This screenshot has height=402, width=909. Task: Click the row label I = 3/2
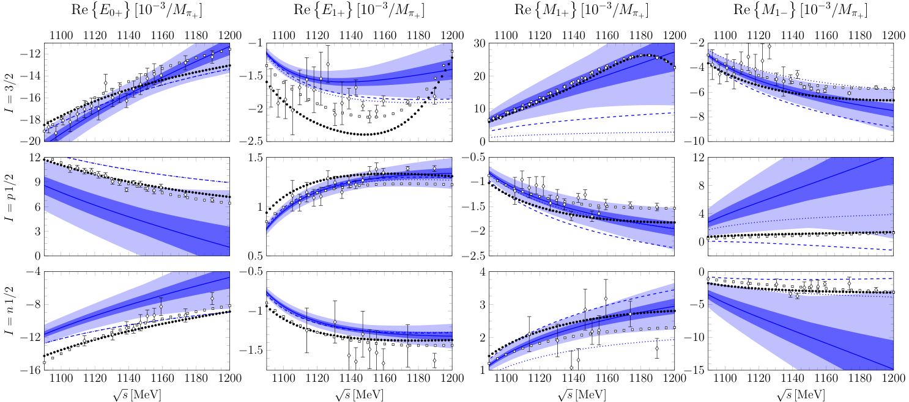coord(9,92)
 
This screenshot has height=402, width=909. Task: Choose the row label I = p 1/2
coord(9,206)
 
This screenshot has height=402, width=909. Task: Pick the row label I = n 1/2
coord(9,321)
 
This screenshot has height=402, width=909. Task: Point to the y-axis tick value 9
coord(37,182)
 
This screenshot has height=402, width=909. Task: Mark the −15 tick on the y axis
coord(696,370)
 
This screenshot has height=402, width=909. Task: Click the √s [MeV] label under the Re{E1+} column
coord(360,395)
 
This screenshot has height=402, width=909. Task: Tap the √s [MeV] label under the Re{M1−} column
coord(801,395)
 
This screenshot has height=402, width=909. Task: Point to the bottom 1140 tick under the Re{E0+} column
coord(128,379)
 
